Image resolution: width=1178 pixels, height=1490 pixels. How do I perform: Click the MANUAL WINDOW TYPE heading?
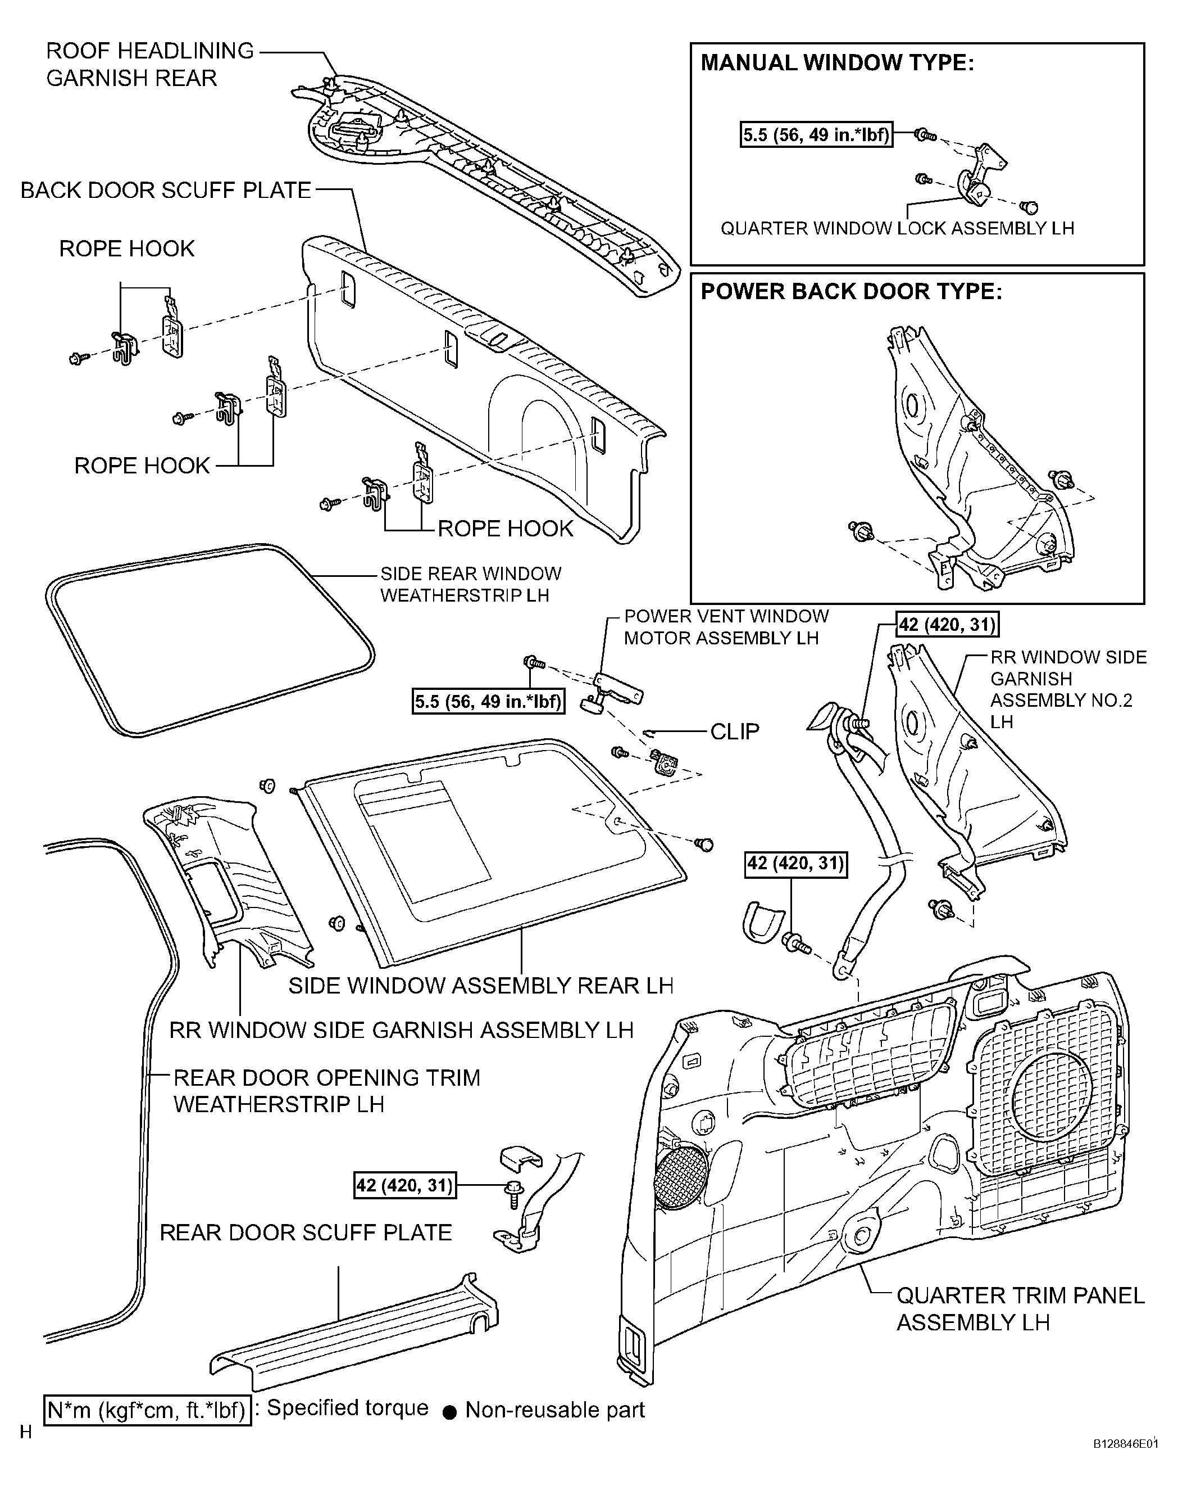point(837,64)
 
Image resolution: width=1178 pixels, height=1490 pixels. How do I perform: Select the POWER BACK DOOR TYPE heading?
point(851,291)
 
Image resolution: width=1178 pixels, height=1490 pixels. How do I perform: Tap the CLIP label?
point(735,731)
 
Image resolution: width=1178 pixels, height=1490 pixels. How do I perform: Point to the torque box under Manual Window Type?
point(816,134)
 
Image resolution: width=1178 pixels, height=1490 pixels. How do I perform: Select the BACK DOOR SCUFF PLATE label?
point(166,191)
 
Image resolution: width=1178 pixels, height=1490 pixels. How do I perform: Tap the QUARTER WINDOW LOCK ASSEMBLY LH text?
point(897,228)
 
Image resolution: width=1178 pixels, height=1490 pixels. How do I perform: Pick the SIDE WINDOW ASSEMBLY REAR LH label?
point(481,985)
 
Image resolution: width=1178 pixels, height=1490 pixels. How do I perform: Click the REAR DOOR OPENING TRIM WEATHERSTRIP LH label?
point(326,1090)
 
